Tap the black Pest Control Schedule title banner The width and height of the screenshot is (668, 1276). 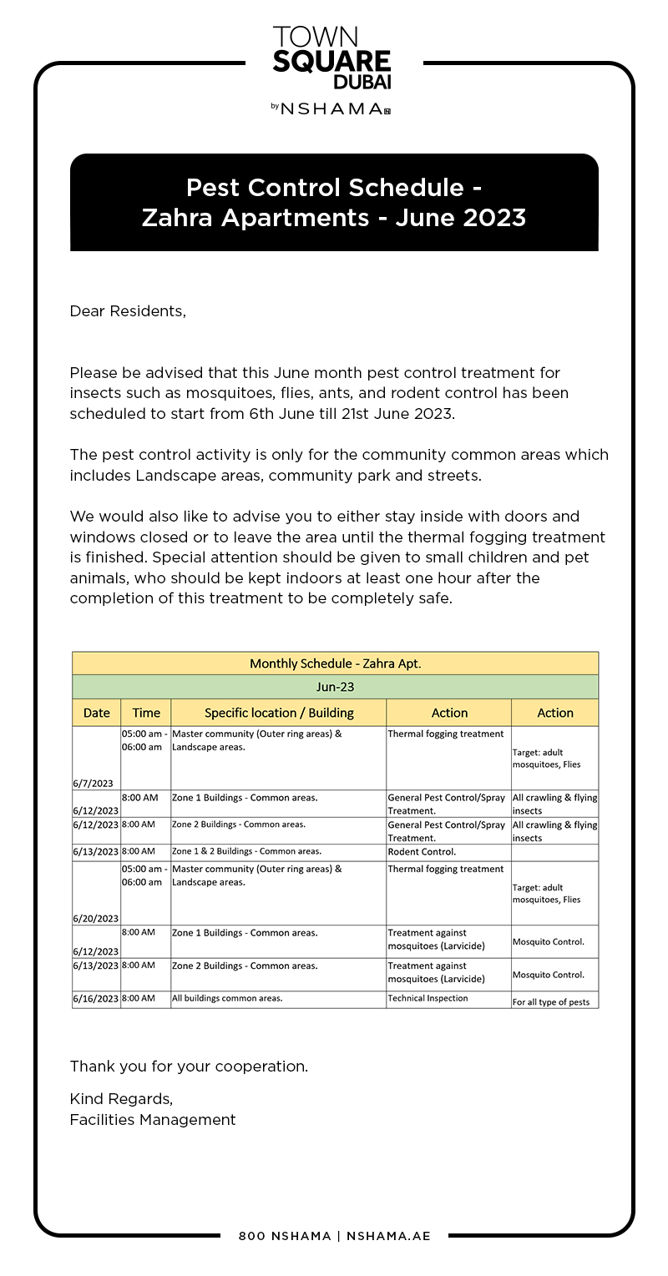coord(334,202)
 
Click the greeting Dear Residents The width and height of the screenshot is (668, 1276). coord(128,311)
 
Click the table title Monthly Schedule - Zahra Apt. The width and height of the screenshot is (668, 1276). coord(335,663)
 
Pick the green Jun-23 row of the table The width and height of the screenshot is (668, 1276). coord(335,687)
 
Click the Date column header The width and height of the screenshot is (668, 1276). coord(97,713)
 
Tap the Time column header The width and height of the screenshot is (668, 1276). coord(146,713)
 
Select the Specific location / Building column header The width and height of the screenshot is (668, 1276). coord(279,713)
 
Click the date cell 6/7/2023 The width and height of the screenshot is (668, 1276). coord(93,783)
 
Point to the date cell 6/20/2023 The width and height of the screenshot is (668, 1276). coord(95,918)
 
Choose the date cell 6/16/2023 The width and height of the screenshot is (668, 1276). coord(96,999)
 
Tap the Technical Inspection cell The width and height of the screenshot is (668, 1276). coord(428,998)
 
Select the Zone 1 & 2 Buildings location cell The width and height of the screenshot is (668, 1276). coord(246,851)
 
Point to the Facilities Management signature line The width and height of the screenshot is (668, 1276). coord(153,1120)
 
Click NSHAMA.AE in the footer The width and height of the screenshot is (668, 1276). coord(388,1236)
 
